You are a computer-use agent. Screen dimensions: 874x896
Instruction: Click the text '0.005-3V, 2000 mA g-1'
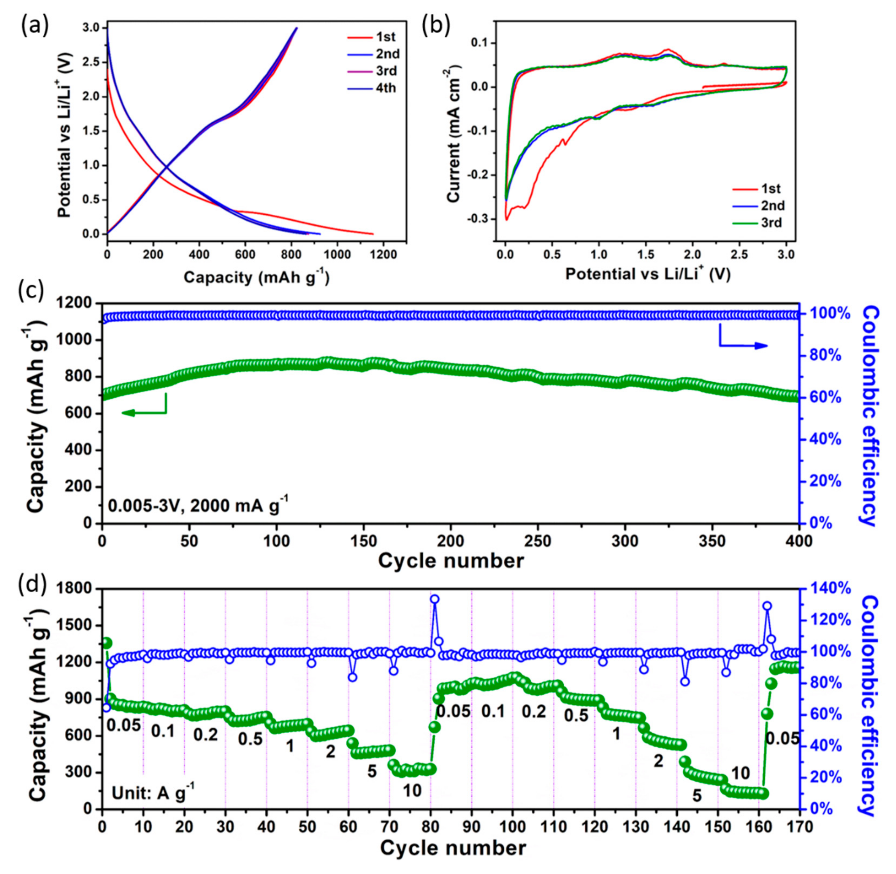[198, 505]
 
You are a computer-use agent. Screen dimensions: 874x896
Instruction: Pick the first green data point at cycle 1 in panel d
[107, 642]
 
